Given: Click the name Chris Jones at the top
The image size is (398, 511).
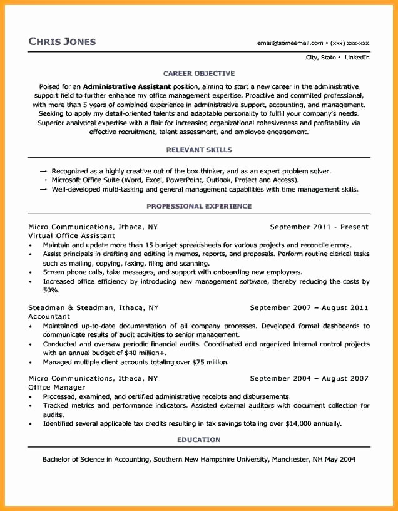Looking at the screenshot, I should coord(62,41).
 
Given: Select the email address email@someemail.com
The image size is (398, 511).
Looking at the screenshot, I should coord(290,43).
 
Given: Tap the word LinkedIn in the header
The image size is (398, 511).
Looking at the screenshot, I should coord(357,58).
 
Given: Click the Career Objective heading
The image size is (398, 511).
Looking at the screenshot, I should coord(199,73).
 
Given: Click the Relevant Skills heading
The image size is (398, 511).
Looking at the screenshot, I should coord(199,150).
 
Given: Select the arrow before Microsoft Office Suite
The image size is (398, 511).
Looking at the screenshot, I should coord(43,180).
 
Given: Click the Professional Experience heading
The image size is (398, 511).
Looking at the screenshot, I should coord(199,206).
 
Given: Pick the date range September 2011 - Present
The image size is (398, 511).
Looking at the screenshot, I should coord(319,227).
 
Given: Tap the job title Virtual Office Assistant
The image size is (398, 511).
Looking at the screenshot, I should coord(71,235).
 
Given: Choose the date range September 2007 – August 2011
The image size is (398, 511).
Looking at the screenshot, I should coord(309,307).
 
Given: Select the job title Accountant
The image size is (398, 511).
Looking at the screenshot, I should coord(49,317).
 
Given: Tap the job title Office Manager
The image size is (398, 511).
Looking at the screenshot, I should coord(56,388).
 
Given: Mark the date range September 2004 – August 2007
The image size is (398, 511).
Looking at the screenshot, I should coord(309,378).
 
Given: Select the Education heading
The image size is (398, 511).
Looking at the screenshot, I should coord(199,440).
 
